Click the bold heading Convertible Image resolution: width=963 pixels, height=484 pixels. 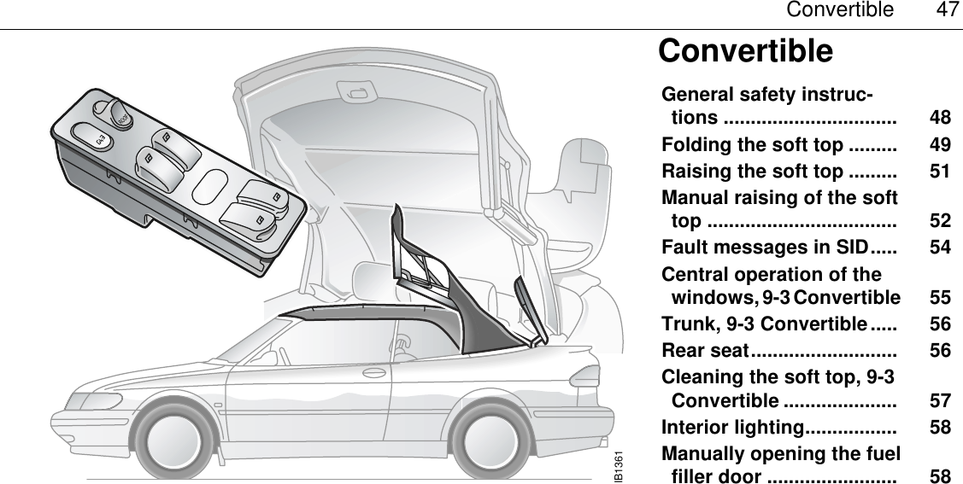pos(745,51)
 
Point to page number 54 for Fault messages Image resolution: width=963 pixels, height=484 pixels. pos(940,248)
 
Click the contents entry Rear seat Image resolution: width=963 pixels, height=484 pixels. pos(707,350)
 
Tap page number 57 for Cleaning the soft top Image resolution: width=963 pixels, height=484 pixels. pos(940,400)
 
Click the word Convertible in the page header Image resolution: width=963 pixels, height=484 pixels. pos(839,11)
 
